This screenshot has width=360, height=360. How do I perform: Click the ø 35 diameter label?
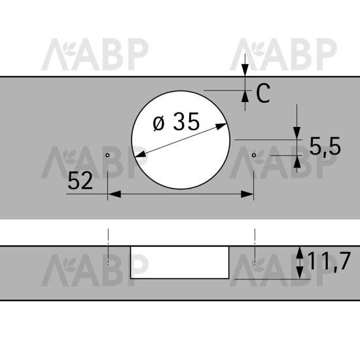[x=176, y=122]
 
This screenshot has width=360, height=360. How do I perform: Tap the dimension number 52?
[x=80, y=181]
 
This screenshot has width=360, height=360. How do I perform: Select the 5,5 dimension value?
[x=325, y=147]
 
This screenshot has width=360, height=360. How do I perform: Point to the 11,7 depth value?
[x=329, y=261]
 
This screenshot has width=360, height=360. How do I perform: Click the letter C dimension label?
[x=263, y=93]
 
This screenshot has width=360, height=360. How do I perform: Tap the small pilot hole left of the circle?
[x=107, y=155]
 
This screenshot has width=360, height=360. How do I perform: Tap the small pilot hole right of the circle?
[x=254, y=155]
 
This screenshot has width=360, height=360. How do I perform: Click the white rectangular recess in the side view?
[x=180, y=262]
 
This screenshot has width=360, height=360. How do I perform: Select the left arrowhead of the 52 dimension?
[x=115, y=194]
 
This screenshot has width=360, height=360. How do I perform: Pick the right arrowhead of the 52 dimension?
[x=247, y=194]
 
